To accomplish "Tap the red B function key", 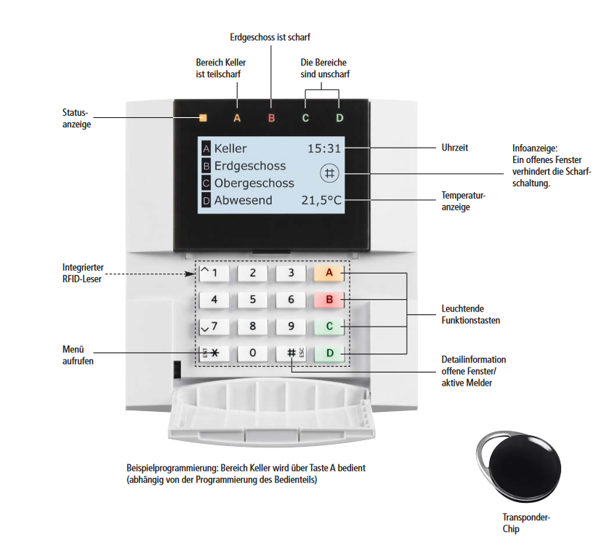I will tap(329, 299).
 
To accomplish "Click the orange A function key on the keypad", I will tap(329, 273).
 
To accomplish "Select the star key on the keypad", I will tap(214, 353).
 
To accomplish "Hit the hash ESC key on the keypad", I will tap(291, 353).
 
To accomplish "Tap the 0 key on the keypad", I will tap(252, 353).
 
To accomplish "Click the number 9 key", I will tap(291, 326).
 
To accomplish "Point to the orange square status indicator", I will tap(203, 117).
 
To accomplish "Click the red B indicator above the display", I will tap(271, 117).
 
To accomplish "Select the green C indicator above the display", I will tap(305, 117).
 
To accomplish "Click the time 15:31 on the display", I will tap(324, 148).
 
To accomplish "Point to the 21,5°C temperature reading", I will tap(321, 200).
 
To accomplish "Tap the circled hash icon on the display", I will tap(329, 173).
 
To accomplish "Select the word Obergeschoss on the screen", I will tap(254, 183).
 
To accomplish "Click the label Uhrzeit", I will tap(455, 148).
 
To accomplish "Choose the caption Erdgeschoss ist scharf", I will tap(270, 36).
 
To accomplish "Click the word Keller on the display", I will tap(230, 148).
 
